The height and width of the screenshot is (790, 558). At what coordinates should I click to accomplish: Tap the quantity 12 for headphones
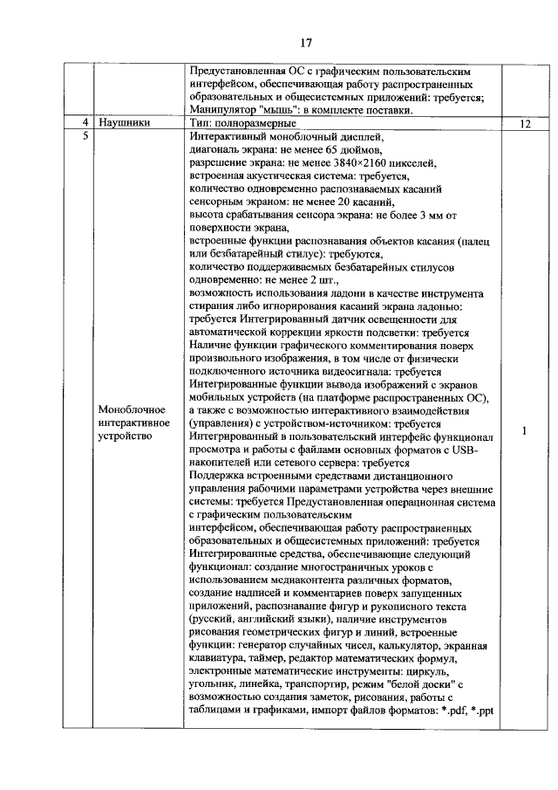(x=524, y=124)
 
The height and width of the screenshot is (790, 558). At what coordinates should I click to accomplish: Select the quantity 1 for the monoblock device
(x=524, y=430)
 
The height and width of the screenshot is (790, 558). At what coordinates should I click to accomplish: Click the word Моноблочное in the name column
(x=133, y=409)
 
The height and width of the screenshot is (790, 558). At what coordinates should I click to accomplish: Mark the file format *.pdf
(x=449, y=710)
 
